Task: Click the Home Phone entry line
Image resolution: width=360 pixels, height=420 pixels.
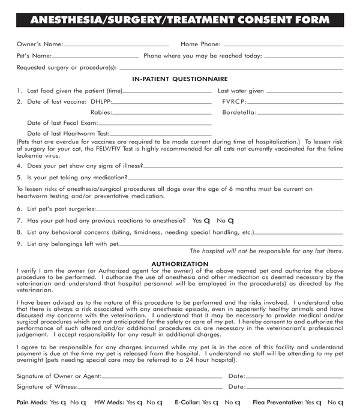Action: point(283,46)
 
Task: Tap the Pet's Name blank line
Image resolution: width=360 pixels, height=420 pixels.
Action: point(97,58)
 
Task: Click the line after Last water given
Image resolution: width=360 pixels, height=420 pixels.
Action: point(304,92)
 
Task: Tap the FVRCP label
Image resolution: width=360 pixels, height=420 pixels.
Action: point(235,101)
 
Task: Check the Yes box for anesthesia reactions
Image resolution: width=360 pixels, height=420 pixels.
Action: point(207,221)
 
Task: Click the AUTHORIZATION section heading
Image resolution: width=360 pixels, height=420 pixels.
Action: point(180,264)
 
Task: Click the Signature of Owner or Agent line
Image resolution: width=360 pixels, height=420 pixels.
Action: point(161,377)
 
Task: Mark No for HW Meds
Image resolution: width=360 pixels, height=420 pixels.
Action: point(160,403)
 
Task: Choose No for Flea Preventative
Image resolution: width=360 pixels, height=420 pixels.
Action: point(340,403)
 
